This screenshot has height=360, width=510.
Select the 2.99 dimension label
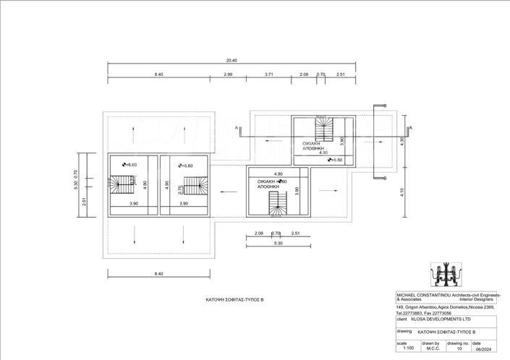[228, 74]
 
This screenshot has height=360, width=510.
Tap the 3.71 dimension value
[269, 74]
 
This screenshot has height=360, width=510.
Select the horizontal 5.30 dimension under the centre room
[278, 243]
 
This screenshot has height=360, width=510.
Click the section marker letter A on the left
[237, 127]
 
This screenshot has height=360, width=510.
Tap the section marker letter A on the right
[409, 128]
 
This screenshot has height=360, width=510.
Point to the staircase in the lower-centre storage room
[278, 207]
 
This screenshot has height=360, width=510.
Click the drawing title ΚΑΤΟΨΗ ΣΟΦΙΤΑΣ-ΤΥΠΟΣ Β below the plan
[233, 298]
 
